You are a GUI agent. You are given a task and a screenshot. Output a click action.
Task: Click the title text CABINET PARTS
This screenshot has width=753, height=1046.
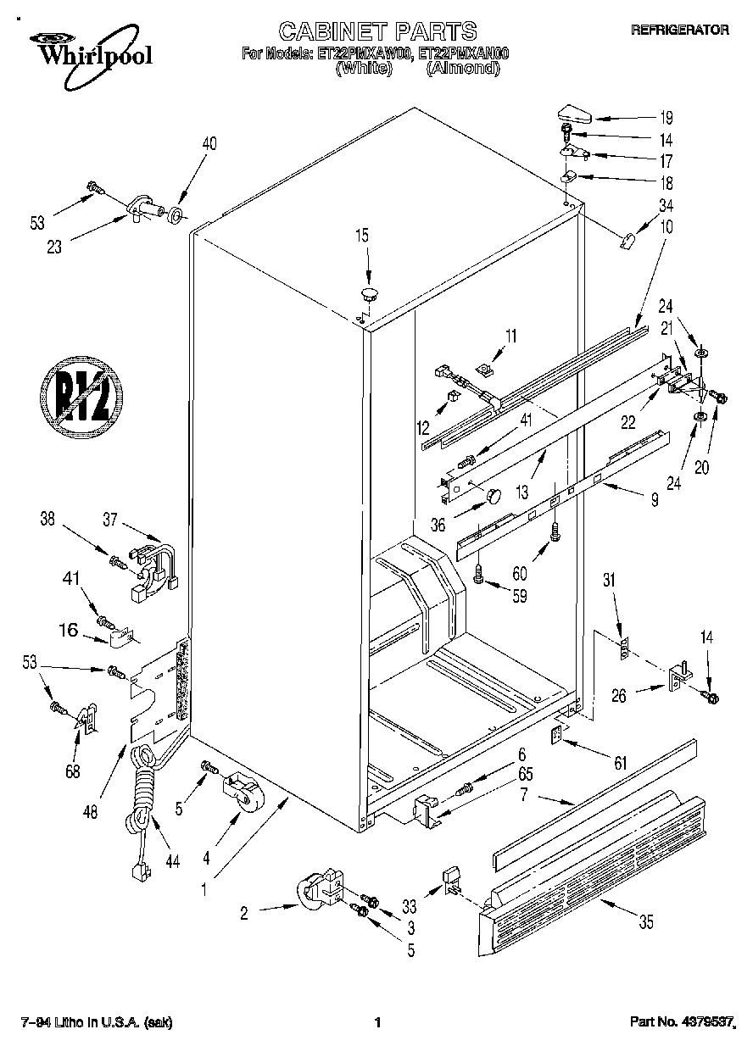coord(377,31)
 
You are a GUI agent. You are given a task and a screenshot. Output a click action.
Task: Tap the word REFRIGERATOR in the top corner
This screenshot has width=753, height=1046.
coord(679,30)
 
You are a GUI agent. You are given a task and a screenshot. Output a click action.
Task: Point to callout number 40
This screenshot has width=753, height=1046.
coord(209,144)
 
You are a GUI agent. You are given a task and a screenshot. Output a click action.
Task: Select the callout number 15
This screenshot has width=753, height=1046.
coord(362,236)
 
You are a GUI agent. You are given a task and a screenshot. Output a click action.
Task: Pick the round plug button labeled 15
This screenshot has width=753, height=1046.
coord(369,295)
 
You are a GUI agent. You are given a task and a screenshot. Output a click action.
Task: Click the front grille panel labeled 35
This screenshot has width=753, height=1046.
coord(594,856)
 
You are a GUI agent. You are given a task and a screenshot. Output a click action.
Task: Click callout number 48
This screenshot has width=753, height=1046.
coord(91,810)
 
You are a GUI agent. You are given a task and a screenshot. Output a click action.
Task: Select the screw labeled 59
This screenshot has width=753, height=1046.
coord(479,576)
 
